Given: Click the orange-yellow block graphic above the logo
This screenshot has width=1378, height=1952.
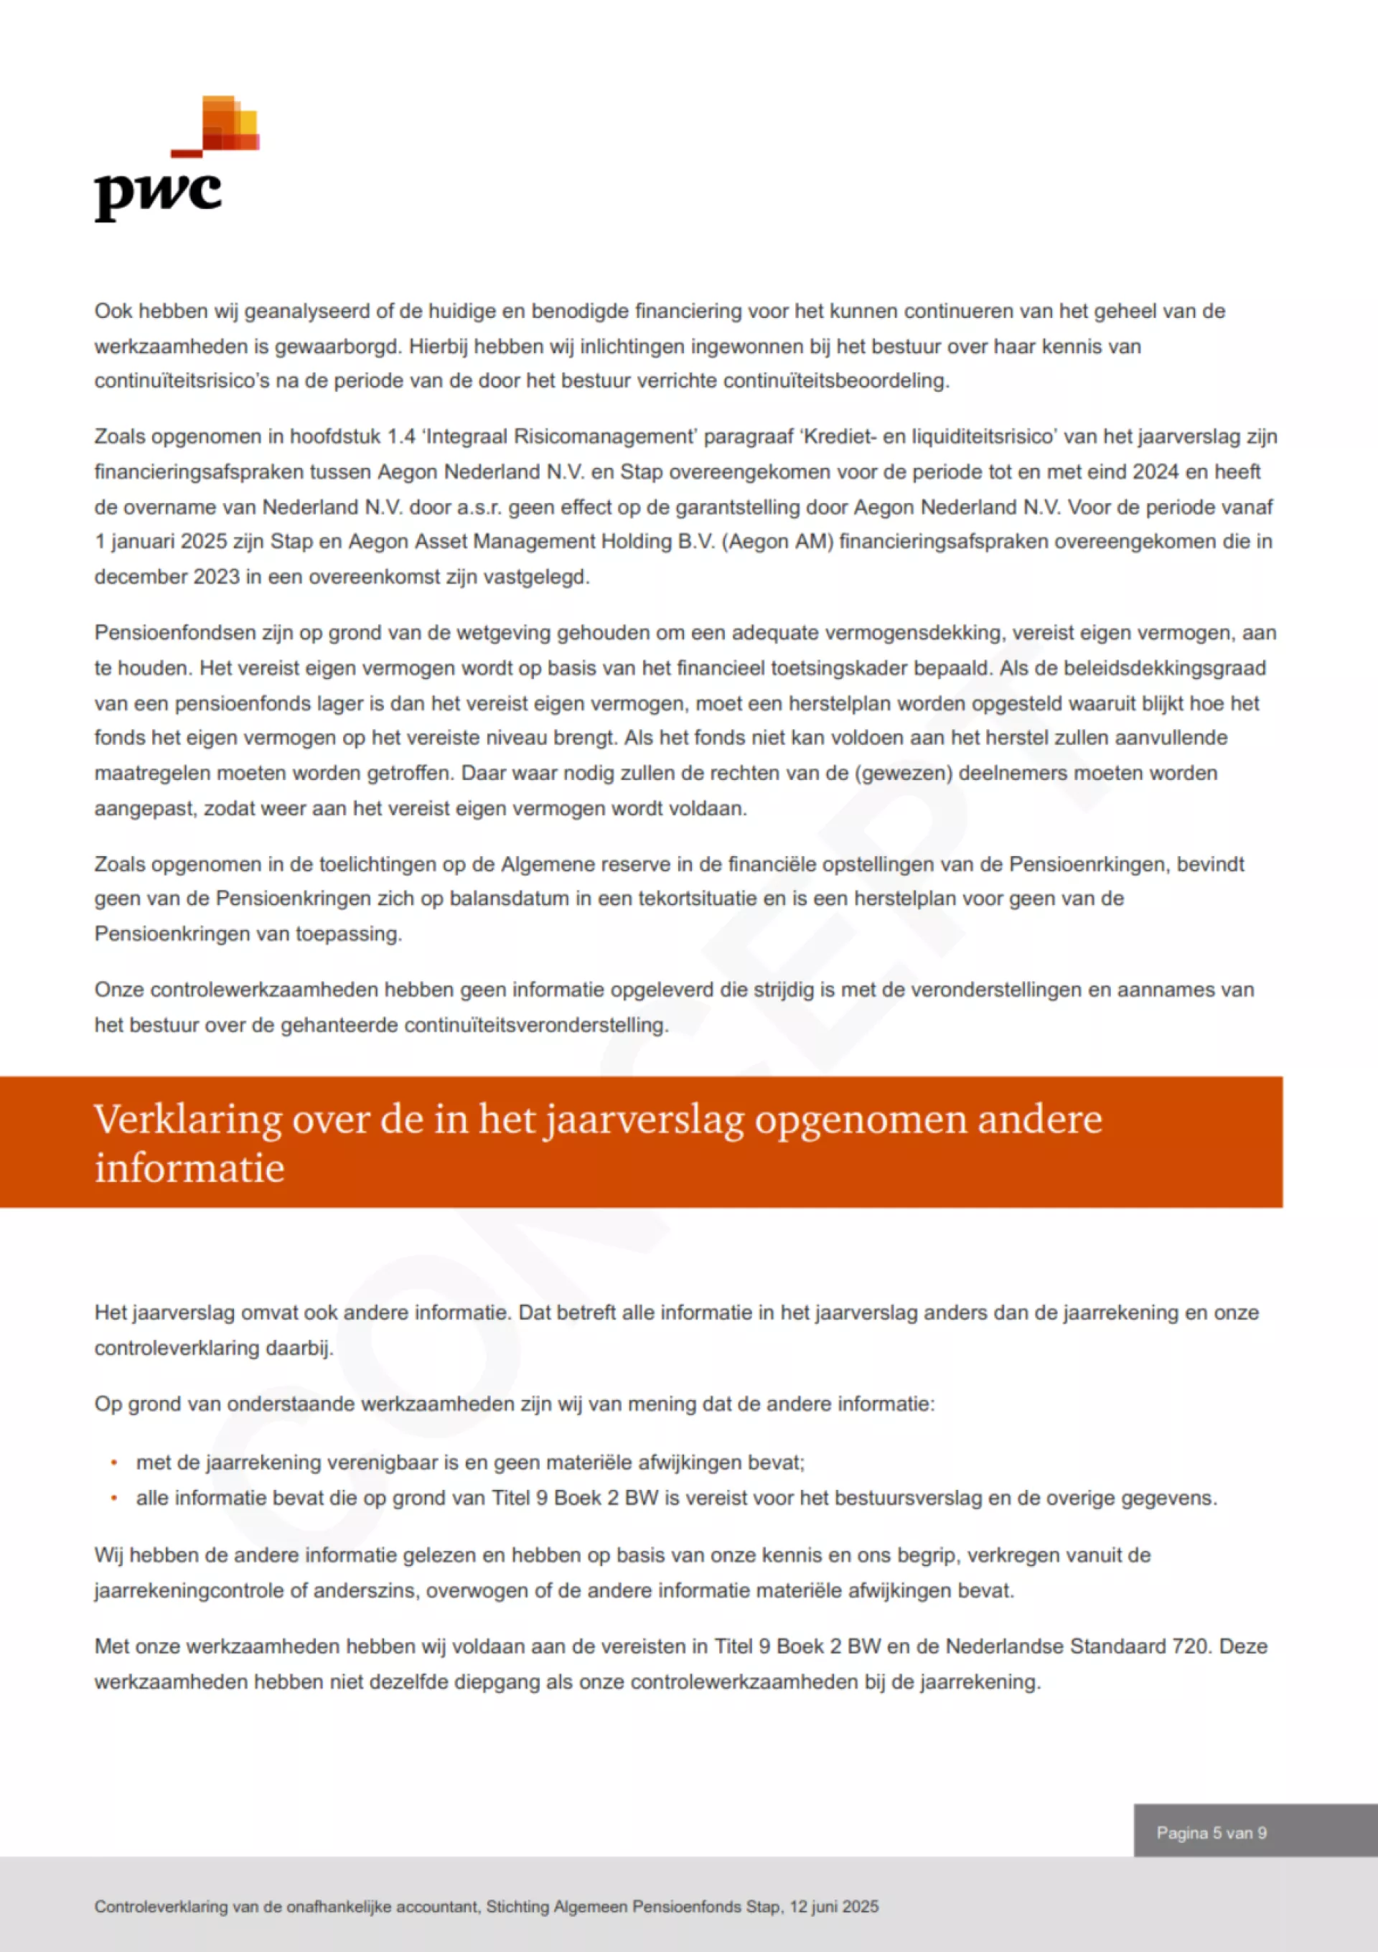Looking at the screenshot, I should coord(230,124).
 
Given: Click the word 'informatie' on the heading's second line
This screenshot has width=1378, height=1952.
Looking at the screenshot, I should coord(189,1168).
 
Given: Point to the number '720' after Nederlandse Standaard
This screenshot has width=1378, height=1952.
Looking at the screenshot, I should coord(1189,1646).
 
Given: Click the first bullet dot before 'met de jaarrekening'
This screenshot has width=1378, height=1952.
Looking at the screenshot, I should coord(114,1463).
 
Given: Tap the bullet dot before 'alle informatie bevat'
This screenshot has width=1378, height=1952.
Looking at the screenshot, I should coord(114,1498).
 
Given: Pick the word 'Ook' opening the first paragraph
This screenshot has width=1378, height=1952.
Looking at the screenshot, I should coord(113,311).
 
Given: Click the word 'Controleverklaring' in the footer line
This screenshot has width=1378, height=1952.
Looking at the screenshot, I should coord(161,1907).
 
